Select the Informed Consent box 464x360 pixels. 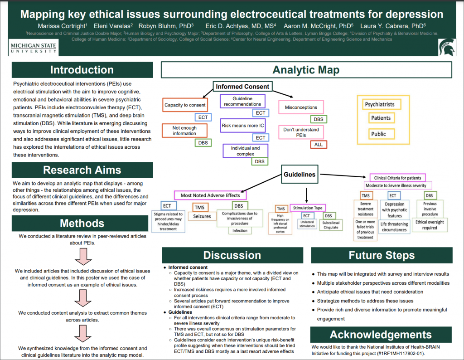(x=242, y=87)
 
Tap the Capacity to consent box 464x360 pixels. (x=185, y=105)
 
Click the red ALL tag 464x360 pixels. (x=319, y=145)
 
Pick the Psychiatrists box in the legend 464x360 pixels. (x=380, y=104)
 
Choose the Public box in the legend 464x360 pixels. (x=378, y=134)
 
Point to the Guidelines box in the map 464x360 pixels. (x=299, y=174)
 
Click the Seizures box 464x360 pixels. (x=203, y=216)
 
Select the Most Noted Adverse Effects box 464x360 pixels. (x=210, y=195)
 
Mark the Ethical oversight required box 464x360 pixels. (x=430, y=225)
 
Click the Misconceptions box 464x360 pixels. (x=301, y=107)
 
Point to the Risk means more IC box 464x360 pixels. (x=242, y=125)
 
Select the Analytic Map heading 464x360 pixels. (x=306, y=70)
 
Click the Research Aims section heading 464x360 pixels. (x=82, y=170)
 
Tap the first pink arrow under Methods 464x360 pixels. (x=82, y=256)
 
